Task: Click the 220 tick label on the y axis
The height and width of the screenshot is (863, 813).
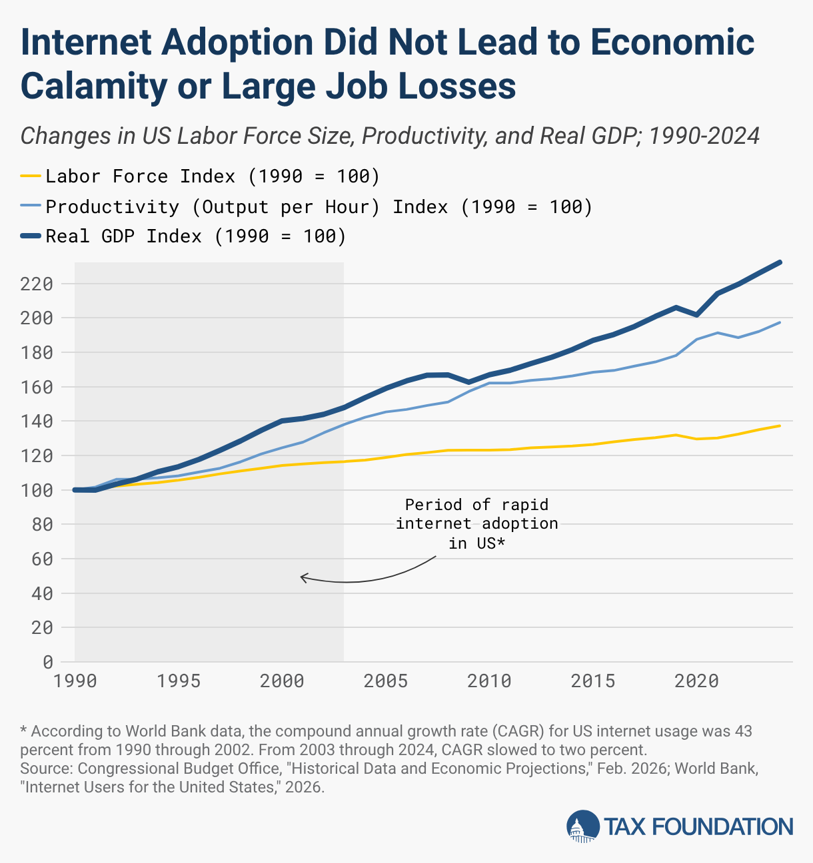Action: pyautogui.click(x=37, y=284)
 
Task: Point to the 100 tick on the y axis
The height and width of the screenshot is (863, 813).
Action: pyautogui.click(x=37, y=491)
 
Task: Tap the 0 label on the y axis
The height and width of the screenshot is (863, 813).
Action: pyautogui.click(x=48, y=663)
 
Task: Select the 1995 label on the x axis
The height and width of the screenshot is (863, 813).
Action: pyautogui.click(x=179, y=681)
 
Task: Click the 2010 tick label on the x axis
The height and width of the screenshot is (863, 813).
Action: pyautogui.click(x=489, y=681)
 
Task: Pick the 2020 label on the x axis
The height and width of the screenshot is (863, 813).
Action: pyautogui.click(x=696, y=681)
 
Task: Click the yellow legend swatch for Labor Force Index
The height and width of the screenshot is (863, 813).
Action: pyautogui.click(x=31, y=176)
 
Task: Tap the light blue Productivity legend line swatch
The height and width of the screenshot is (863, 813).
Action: pyautogui.click(x=31, y=206)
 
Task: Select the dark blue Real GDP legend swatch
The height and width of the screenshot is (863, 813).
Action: pyautogui.click(x=31, y=236)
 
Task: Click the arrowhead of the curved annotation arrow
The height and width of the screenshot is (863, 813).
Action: pyautogui.click(x=301, y=577)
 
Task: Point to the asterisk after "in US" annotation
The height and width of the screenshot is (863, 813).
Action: pyautogui.click(x=500, y=542)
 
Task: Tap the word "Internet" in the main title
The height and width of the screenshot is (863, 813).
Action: pyautogui.click(x=86, y=42)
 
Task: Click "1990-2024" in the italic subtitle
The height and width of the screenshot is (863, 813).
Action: pyautogui.click(x=704, y=136)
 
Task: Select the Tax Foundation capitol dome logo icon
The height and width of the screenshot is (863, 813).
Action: pyautogui.click(x=583, y=826)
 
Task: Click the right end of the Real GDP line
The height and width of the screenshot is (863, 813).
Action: pyautogui.click(x=780, y=262)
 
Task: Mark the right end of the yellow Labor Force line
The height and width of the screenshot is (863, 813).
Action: pyautogui.click(x=780, y=426)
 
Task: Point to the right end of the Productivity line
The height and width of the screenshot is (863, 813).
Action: pyautogui.click(x=780, y=322)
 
